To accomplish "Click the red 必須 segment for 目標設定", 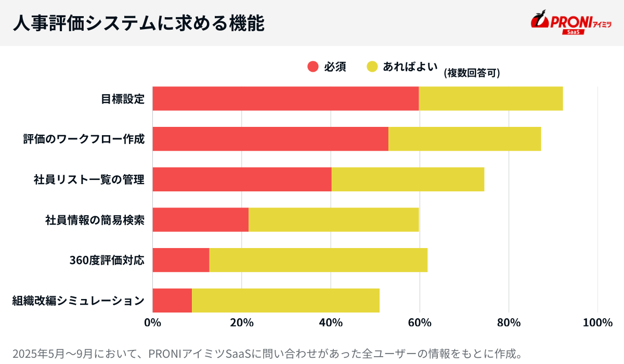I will point(285,99).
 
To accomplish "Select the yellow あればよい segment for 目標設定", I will point(490,99).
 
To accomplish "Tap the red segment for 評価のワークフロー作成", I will point(270,139).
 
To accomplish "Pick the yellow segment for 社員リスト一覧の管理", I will point(408,179).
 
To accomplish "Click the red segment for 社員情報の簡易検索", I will point(200,219).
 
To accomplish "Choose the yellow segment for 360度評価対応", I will point(318,260).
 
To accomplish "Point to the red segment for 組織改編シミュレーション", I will point(172,301).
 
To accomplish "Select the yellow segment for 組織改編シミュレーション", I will point(285,301).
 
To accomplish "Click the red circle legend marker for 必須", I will point(313,67).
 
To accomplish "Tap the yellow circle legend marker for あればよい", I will point(372,67).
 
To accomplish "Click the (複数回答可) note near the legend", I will point(472,73).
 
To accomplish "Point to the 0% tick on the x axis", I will point(152,323).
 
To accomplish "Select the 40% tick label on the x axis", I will point(331,323).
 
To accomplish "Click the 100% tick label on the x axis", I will point(597,323).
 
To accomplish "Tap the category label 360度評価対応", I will point(107,260).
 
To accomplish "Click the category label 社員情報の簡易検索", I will point(95,219).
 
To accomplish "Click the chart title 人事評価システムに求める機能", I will point(138,23).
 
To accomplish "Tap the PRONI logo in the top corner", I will point(570,23).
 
